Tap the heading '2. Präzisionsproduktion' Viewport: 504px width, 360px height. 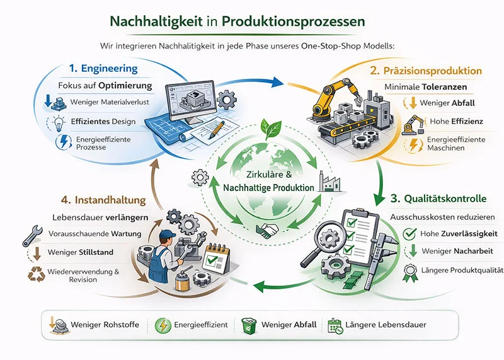point(434,71)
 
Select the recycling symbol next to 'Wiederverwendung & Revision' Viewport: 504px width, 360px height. point(31,275)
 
